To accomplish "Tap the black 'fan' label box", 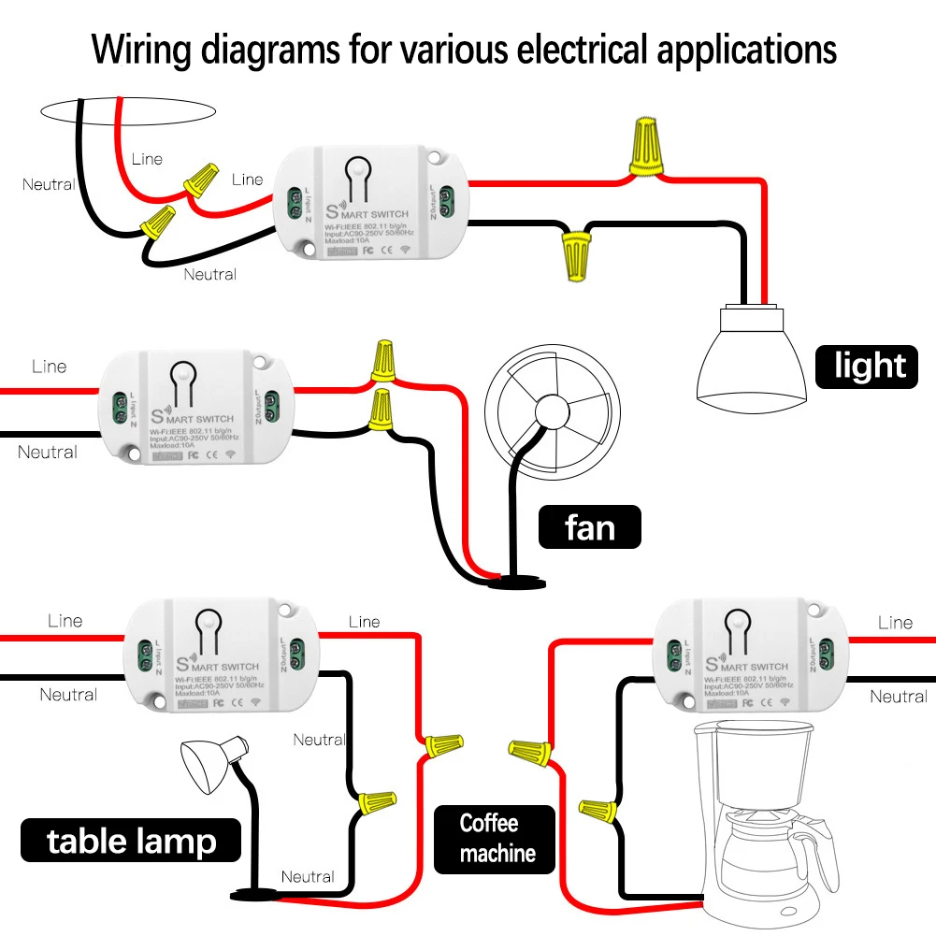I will pyautogui.click(x=589, y=527).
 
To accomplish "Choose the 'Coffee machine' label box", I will pyautogui.click(x=496, y=838).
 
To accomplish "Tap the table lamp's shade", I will pyautogui.click(x=208, y=762).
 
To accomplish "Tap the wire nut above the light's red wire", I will pyautogui.click(x=645, y=147).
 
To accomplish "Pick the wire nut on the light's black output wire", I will pyautogui.click(x=573, y=255).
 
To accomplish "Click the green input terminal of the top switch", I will pyautogui.click(x=291, y=205).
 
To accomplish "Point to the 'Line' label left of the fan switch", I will pyautogui.click(x=49, y=367).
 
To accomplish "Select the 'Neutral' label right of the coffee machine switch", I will pyautogui.click(x=898, y=697).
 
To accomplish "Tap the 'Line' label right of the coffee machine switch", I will pyautogui.click(x=895, y=623).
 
